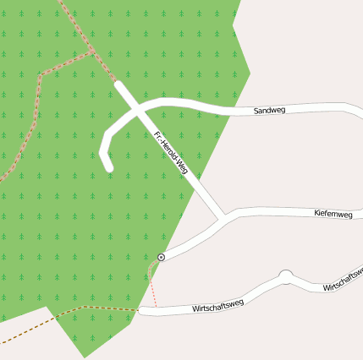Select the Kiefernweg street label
coord(333,214)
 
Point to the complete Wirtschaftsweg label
coord(217,305)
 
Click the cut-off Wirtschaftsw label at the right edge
coord(344,280)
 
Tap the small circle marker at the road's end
coord(161,256)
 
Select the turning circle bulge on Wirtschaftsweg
coord(285,275)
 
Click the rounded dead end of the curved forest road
coord(107,166)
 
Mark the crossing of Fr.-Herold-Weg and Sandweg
coord(135,107)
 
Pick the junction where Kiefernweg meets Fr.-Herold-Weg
coord(222,216)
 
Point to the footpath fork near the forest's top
coord(91,52)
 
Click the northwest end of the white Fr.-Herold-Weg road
coord(118,85)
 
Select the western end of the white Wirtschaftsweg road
coord(142,311)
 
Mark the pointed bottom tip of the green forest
coord(82,357)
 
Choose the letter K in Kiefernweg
coord(316,215)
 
